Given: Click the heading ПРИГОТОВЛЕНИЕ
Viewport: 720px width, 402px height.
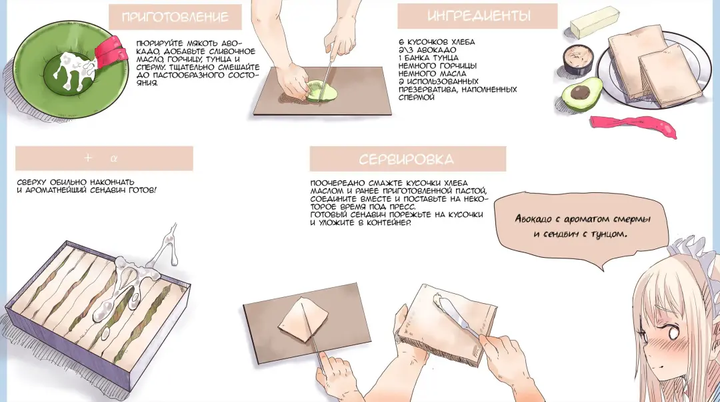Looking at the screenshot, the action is click(175, 17).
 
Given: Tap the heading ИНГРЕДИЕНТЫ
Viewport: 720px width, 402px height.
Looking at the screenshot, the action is click(479, 15).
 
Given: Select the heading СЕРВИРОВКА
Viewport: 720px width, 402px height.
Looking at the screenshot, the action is click(407, 159).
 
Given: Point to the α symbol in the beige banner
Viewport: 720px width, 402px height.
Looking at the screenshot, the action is click(114, 158).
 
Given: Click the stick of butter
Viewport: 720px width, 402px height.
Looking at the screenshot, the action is click(595, 22).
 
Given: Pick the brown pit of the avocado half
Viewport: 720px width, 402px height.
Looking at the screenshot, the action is click(581, 92).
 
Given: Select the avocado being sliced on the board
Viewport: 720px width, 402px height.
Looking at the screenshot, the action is click(321, 91).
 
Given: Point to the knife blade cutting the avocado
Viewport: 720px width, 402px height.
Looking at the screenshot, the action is click(325, 78).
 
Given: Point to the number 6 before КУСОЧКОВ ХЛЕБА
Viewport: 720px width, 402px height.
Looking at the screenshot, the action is click(401, 42).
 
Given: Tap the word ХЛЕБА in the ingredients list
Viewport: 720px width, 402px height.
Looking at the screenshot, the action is click(463, 42).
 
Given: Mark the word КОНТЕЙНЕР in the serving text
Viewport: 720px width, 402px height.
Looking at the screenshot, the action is click(389, 222).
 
